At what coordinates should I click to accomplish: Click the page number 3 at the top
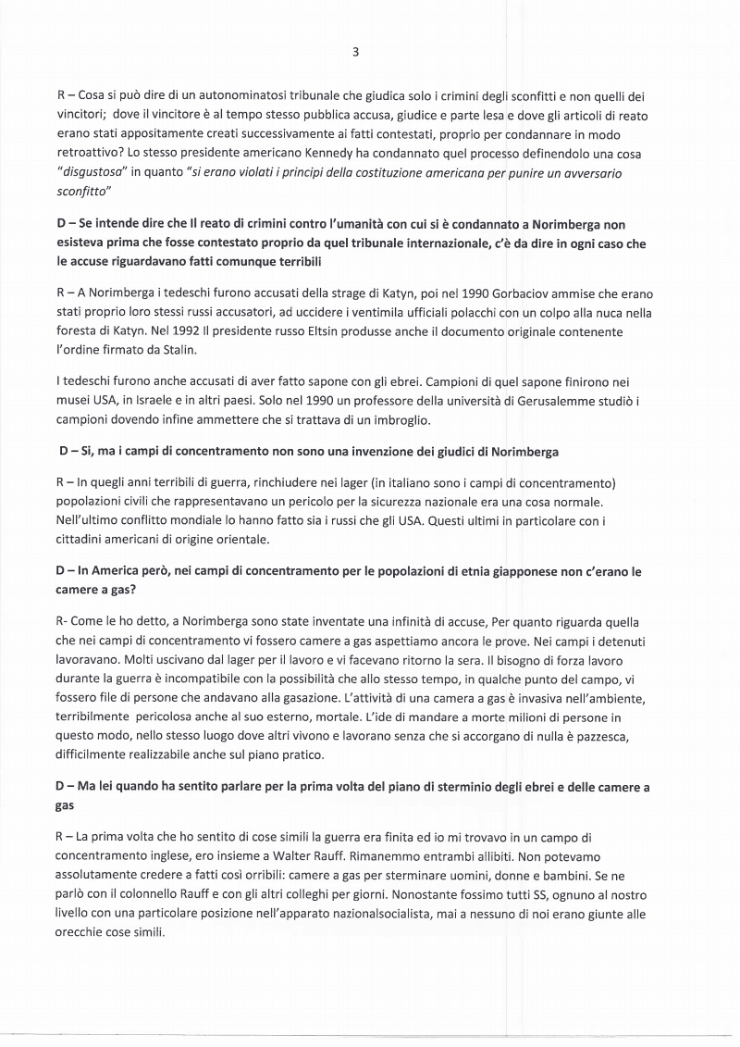pyautogui.click(x=355, y=53)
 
